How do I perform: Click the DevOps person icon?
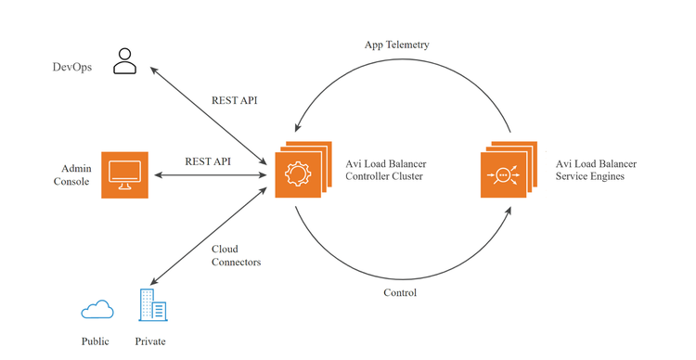pos(124,61)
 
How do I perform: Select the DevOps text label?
pos(71,67)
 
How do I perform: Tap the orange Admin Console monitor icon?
pos(124,174)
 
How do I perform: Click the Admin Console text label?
pos(72,174)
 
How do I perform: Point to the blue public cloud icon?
pos(97,309)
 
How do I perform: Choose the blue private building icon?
pos(153,304)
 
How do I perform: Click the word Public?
pos(95,341)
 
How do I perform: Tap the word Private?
pos(150,341)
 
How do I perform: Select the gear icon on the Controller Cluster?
pos(298,174)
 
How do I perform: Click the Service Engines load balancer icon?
pos(503,174)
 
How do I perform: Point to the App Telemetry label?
pos(397,45)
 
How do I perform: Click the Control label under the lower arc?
pos(400,292)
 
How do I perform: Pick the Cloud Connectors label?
pos(236,255)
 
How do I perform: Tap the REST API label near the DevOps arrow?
pos(235,100)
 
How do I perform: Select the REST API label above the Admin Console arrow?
pos(208,161)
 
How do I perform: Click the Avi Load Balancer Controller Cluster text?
pos(386,170)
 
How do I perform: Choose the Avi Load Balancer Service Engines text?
pos(596,170)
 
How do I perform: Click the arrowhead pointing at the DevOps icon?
pos(153,71)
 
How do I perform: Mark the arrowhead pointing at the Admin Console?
pos(158,175)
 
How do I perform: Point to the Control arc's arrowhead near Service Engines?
pos(509,211)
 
